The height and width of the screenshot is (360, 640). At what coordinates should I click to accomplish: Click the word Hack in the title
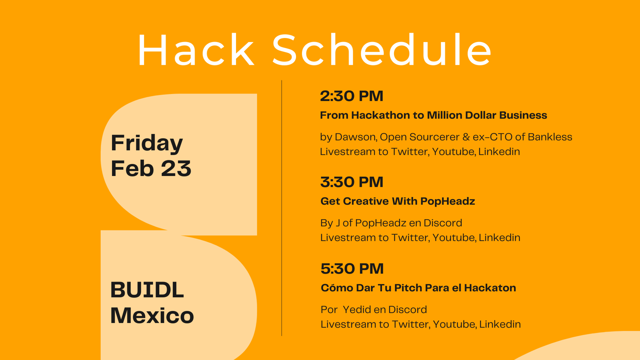(x=196, y=50)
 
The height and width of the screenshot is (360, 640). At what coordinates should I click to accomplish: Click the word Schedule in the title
(x=382, y=50)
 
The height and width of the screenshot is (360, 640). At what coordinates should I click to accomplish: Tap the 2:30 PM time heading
(x=352, y=96)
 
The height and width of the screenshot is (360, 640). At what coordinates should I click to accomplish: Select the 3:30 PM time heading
(x=352, y=182)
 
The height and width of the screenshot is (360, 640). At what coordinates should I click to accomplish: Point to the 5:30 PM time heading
(x=352, y=268)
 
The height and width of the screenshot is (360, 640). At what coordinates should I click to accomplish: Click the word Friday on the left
(x=146, y=144)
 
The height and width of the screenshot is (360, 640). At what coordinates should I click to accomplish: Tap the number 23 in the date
(x=176, y=168)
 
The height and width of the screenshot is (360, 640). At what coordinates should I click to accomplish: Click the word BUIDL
(x=147, y=290)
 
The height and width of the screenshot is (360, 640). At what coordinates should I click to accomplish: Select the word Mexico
(x=152, y=316)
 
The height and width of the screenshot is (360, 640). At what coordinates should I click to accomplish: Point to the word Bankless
(x=550, y=137)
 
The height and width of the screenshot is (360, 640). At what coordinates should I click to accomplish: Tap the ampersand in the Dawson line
(x=466, y=137)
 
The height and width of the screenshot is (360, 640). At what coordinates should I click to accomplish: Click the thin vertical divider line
(x=282, y=208)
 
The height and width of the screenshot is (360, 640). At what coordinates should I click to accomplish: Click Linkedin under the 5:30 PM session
(x=500, y=324)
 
